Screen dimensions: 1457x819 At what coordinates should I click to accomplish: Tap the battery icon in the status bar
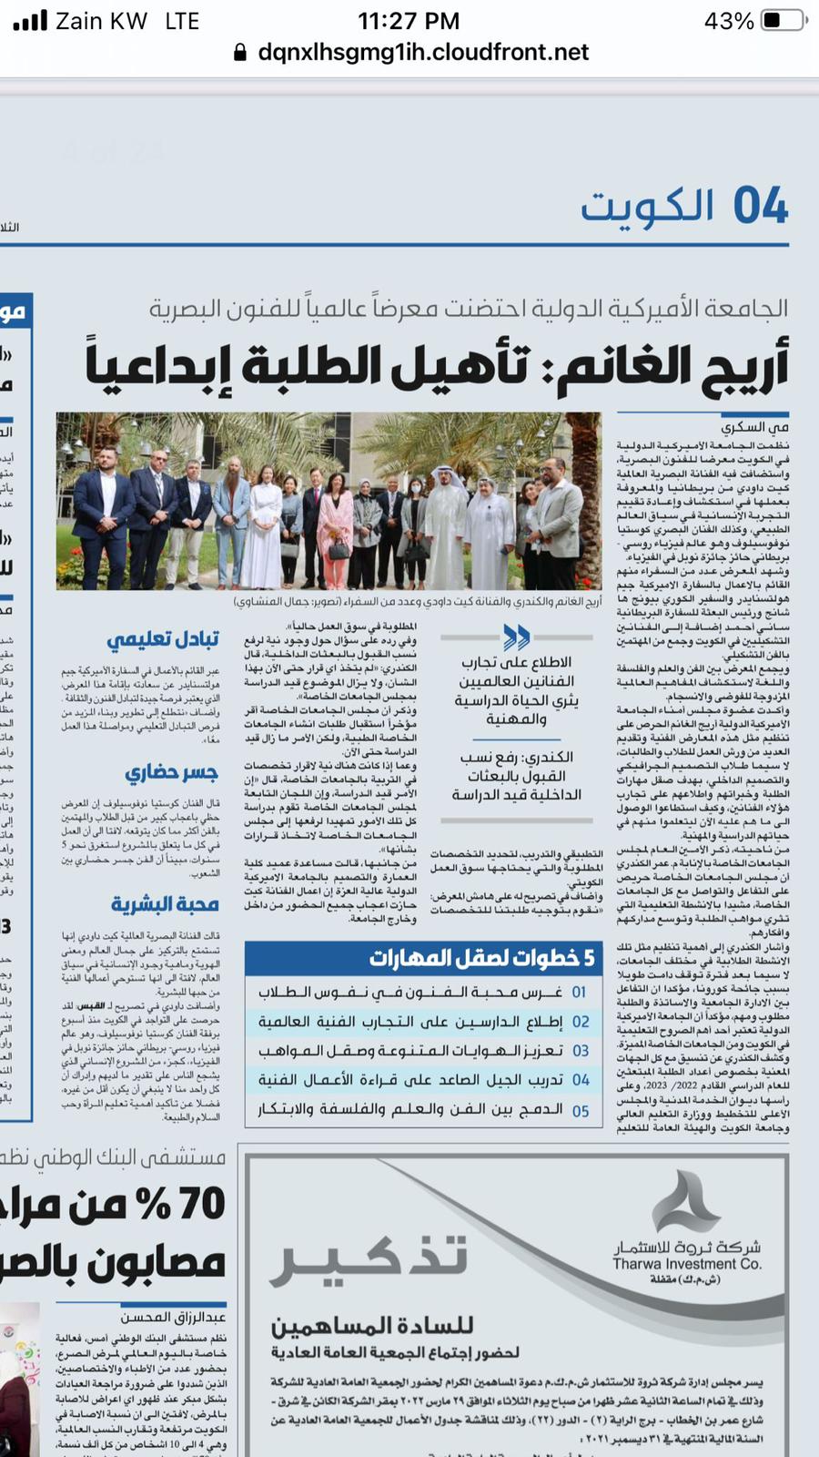point(784,20)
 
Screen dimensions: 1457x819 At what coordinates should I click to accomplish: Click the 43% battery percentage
point(729,21)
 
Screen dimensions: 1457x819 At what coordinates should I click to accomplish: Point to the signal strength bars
point(30,20)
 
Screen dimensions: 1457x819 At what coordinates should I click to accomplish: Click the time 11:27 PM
point(409,21)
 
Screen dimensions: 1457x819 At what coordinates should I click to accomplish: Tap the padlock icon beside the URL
point(240,52)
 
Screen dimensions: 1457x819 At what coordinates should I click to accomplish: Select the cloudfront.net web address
point(423,52)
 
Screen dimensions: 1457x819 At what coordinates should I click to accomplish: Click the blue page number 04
point(761,206)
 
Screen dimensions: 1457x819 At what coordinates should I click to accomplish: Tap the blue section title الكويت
point(647,207)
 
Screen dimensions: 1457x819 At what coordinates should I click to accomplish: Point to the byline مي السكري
point(755,426)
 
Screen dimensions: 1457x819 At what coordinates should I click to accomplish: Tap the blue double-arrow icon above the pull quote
point(516,636)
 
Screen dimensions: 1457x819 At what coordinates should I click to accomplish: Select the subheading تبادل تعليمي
point(163,639)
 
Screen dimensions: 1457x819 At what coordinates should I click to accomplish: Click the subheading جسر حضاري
point(171,773)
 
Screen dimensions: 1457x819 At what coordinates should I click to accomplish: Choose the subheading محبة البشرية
point(165,903)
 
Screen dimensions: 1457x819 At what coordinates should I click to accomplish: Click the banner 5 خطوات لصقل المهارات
point(481,957)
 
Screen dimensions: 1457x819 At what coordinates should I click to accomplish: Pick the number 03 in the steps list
point(580,1051)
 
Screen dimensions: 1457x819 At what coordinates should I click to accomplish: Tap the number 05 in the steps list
point(580,1111)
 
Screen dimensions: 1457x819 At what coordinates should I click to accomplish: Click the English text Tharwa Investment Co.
point(687,1264)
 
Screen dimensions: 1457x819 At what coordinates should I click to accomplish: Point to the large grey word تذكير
point(372,1258)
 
